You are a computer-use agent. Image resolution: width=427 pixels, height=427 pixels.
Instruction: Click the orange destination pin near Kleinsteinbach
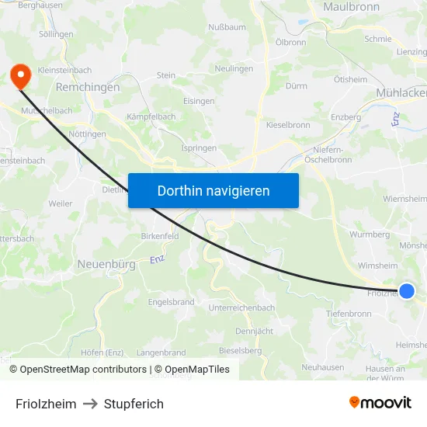click(x=19, y=75)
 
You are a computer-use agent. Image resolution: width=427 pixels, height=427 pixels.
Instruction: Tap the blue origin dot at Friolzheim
click(x=407, y=291)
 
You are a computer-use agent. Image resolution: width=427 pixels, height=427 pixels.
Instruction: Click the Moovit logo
click(x=380, y=403)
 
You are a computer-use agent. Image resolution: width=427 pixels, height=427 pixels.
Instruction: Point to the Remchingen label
click(x=88, y=88)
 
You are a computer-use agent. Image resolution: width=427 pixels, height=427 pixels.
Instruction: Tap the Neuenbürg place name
click(x=106, y=264)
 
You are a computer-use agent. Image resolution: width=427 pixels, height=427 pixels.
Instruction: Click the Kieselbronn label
click(x=288, y=124)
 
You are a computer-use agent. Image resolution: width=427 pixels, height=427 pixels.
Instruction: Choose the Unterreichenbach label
click(x=242, y=307)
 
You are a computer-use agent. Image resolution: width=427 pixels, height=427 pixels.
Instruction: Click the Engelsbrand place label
click(x=171, y=301)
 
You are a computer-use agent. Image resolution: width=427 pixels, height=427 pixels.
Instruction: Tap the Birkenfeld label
click(x=161, y=235)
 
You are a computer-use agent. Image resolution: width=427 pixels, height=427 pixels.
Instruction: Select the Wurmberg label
click(x=370, y=234)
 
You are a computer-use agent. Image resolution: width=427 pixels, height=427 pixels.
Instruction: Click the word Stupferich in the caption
click(x=134, y=404)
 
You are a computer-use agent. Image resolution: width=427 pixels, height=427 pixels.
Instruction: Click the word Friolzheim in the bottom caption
click(x=46, y=404)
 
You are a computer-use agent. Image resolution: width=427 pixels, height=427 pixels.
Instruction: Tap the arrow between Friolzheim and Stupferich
click(x=90, y=404)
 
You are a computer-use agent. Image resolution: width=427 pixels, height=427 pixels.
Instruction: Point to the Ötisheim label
click(x=350, y=80)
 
